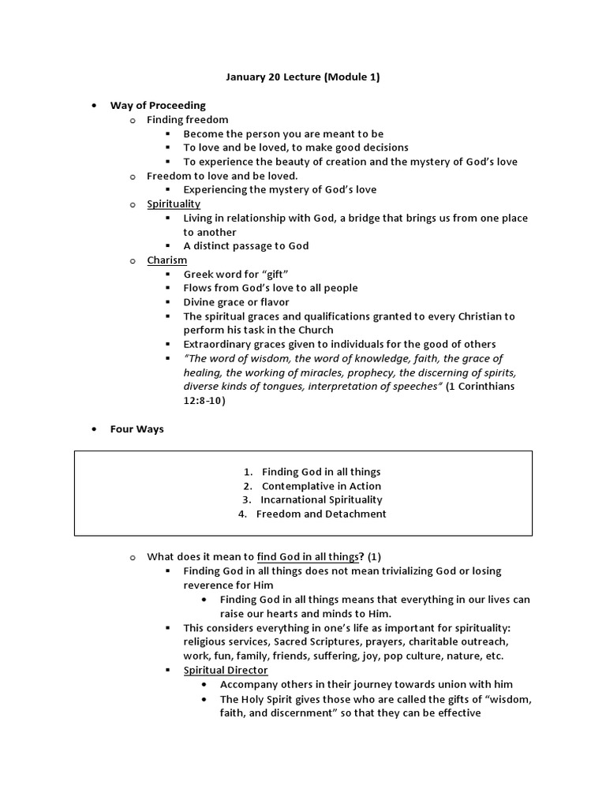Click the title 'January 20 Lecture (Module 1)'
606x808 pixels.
[x=303, y=77]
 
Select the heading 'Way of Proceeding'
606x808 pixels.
[x=158, y=106]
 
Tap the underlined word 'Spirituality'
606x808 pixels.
[x=174, y=204]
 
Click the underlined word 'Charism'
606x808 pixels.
[x=166, y=260]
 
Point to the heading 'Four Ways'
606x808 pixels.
[x=137, y=429]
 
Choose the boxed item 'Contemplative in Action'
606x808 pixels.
[x=321, y=486]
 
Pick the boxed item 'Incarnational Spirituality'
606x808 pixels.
[x=322, y=499]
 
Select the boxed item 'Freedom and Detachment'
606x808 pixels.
[x=321, y=514]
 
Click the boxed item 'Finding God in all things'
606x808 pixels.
[x=321, y=472]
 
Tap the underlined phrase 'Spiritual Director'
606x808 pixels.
[x=226, y=670]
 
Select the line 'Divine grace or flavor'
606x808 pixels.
[x=236, y=302]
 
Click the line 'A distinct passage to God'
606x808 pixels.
[x=246, y=245]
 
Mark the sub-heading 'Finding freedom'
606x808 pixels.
[x=188, y=120]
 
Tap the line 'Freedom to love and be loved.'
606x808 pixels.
[x=223, y=176]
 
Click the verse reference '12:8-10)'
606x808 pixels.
[x=204, y=401]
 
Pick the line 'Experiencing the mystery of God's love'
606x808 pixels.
[x=280, y=189]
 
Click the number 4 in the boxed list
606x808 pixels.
[x=242, y=514]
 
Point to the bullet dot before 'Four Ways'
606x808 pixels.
[x=94, y=429]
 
